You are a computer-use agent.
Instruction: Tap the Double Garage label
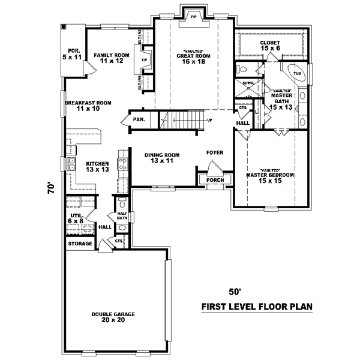click(x=113, y=318)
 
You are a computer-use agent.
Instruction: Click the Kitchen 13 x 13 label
click(x=97, y=166)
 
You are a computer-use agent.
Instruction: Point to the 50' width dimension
click(x=238, y=292)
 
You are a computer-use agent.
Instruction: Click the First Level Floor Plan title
click(x=257, y=307)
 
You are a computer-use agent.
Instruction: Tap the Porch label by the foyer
click(x=214, y=179)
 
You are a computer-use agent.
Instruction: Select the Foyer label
click(x=215, y=152)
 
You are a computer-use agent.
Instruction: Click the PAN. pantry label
click(x=139, y=119)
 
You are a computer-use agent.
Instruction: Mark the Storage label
click(x=80, y=244)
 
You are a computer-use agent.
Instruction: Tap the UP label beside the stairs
click(x=209, y=120)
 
